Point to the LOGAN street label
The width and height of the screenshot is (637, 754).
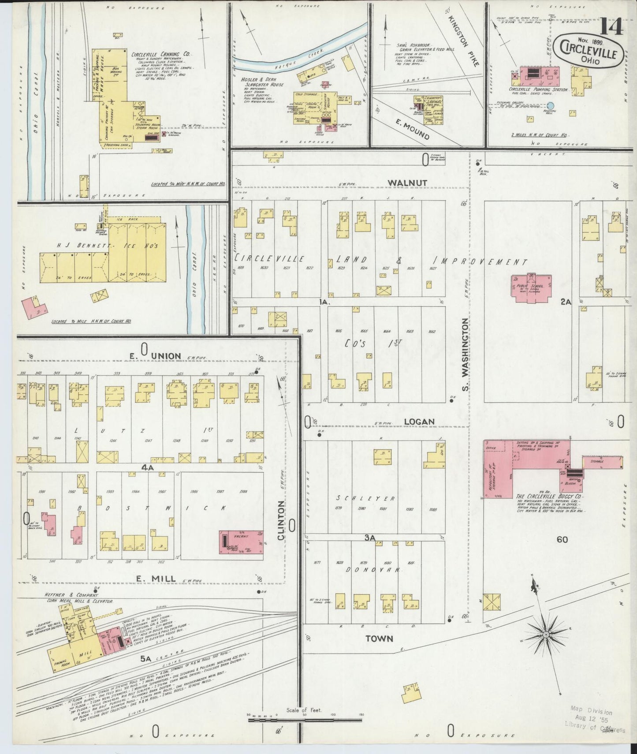tap(419, 422)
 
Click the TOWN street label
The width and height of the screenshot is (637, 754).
tap(380, 638)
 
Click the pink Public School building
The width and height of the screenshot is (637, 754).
tap(532, 289)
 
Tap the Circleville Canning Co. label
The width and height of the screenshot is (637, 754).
tap(160, 54)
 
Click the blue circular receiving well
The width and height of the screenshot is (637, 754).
tap(550, 105)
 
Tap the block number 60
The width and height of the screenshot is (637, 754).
tap(562, 539)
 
